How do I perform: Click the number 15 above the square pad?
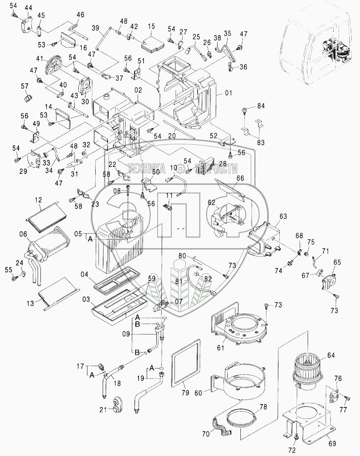[x=151, y=26]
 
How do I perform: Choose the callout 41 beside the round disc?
[x=39, y=58]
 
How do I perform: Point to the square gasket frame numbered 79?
[x=186, y=361]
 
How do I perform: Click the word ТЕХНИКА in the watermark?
[x=146, y=168]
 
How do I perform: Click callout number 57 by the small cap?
[x=25, y=85]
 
